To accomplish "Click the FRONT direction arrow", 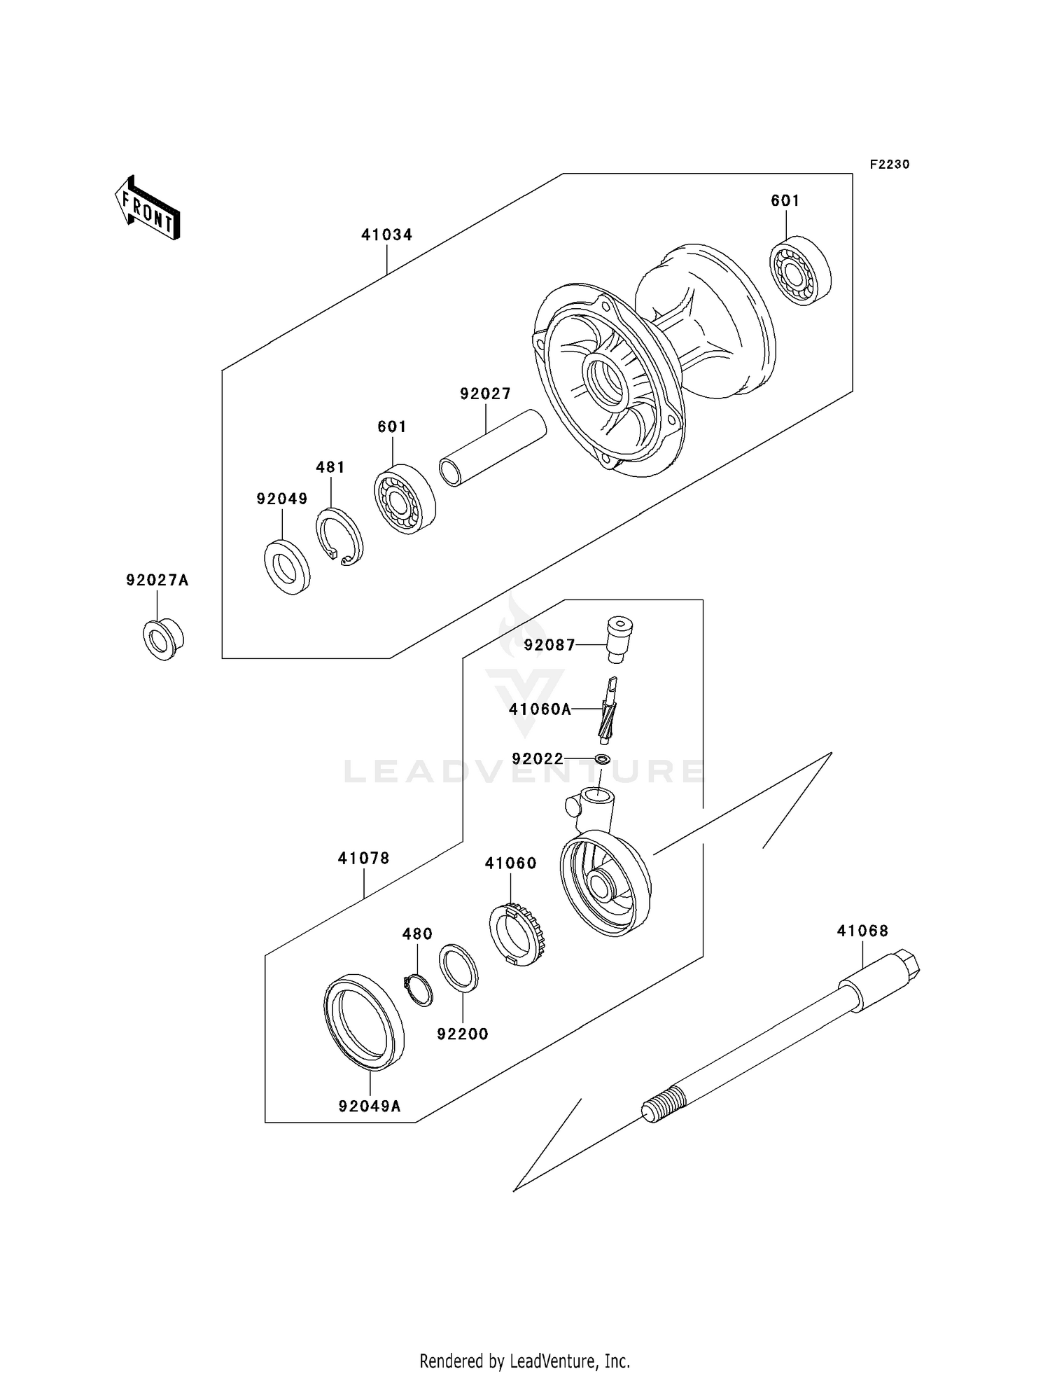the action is [147, 209].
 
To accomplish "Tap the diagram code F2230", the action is [890, 165].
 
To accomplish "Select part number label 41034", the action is [387, 235].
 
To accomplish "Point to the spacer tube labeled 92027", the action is [493, 447].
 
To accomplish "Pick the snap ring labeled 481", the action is [339, 536].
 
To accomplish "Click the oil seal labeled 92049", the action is [287, 567].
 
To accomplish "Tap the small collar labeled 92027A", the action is [163, 639].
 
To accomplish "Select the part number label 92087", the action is [549, 645].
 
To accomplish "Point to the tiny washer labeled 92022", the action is [602, 759].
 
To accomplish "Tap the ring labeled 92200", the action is [458, 968].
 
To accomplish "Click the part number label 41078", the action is [364, 859].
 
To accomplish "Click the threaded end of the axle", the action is [661, 1104].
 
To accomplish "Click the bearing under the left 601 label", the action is [405, 499].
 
